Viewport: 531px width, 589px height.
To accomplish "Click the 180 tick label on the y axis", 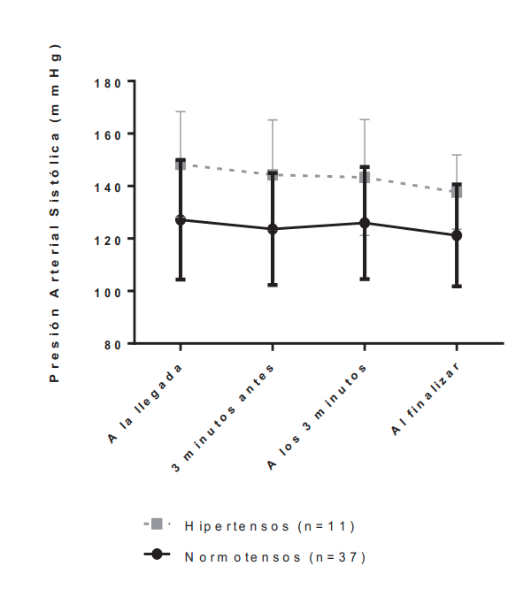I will [110, 82].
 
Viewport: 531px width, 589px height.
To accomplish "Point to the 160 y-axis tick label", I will [110, 134].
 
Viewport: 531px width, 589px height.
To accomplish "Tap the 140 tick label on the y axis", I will [110, 187].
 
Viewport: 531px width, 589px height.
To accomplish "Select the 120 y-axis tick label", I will [110, 239].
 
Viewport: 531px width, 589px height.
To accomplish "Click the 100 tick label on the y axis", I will [110, 291].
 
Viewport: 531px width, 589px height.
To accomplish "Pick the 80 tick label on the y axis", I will [114, 343].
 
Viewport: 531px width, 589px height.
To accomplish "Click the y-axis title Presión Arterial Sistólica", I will [55, 212].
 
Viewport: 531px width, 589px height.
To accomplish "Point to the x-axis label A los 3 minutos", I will [319, 414].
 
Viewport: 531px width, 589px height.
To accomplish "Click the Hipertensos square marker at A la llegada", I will [181, 164].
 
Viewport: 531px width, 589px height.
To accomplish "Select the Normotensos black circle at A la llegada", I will [181, 219].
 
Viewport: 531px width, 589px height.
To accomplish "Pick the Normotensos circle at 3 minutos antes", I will [273, 229].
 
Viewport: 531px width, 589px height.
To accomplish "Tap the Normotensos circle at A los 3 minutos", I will [365, 223].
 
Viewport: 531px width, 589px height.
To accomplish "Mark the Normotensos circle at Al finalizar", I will [457, 235].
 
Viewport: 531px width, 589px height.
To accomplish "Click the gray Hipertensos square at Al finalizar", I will [457, 192].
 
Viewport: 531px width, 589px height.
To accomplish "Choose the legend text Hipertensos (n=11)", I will [269, 525].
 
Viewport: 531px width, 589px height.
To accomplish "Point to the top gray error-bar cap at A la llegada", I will [181, 111].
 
